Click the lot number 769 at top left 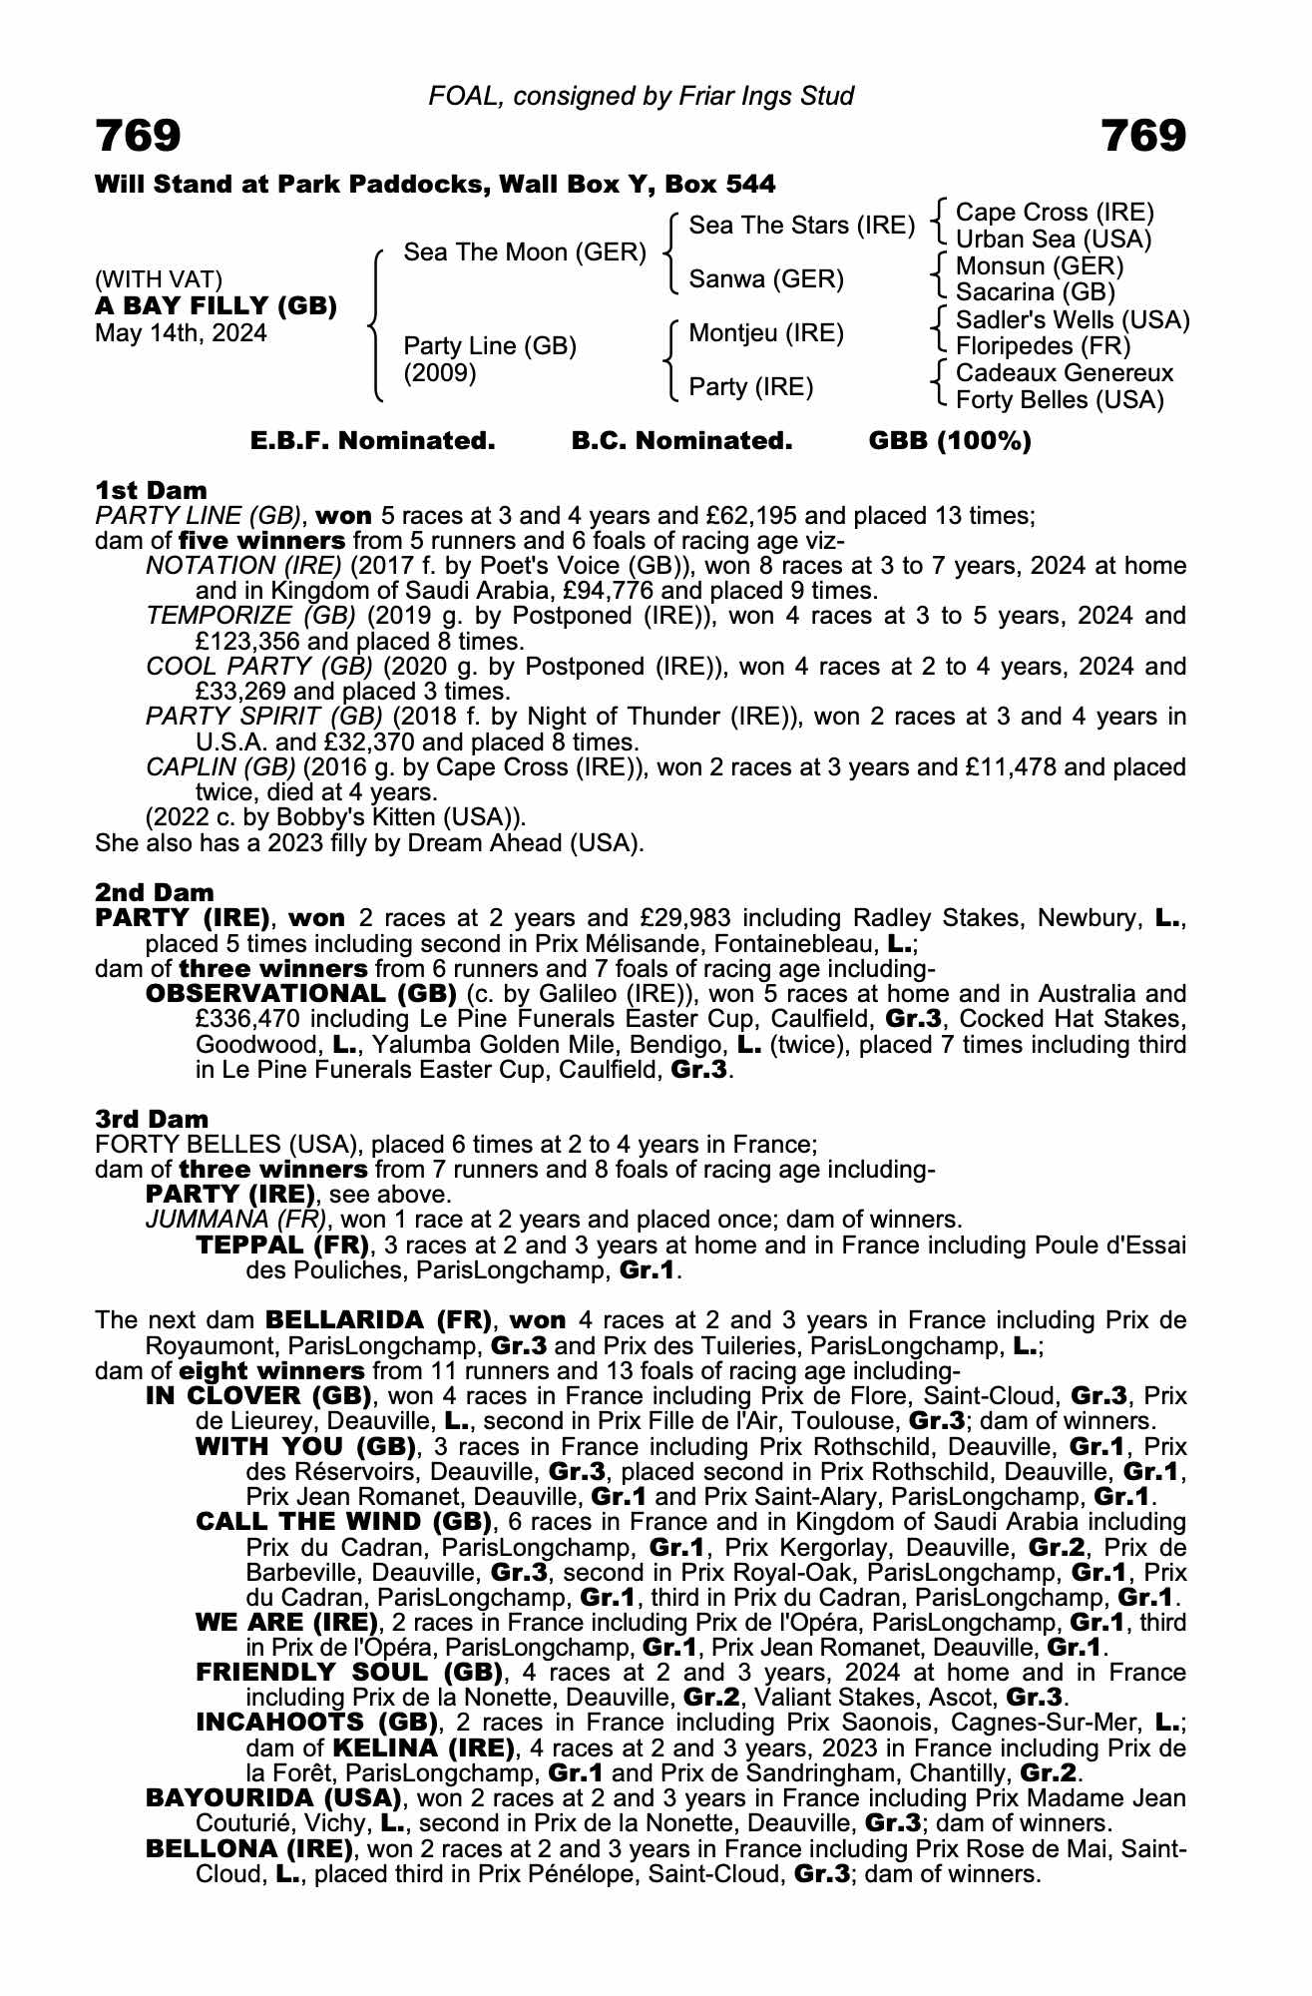139,136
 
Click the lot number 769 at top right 1143,136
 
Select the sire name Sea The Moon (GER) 525,252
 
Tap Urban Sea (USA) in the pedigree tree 1054,240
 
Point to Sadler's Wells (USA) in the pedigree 1073,320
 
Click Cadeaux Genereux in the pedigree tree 1065,373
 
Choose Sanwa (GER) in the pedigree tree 766,279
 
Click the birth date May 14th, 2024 181,333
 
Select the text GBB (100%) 950,441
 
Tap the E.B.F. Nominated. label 372,441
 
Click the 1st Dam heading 151,490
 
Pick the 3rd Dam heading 152,1119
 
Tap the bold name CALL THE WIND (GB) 345,1522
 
